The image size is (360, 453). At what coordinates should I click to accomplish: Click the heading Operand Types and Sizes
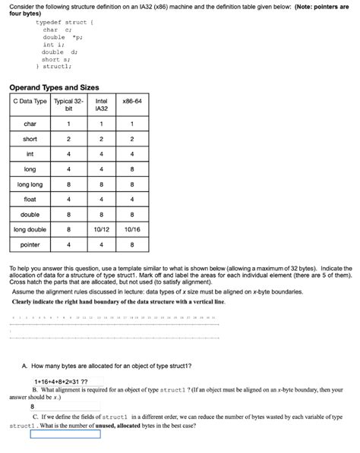coord(55,87)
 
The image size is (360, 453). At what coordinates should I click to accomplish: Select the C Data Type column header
coord(30,101)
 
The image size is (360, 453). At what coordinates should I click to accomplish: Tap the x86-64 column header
coord(131,101)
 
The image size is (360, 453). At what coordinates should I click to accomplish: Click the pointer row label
coord(30,245)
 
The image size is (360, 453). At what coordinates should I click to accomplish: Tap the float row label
coord(30,200)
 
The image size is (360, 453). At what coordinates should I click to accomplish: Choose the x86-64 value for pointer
coord(131,245)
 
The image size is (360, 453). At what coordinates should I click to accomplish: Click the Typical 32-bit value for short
coord(68,139)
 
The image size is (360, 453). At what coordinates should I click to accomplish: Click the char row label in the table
coord(30,124)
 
